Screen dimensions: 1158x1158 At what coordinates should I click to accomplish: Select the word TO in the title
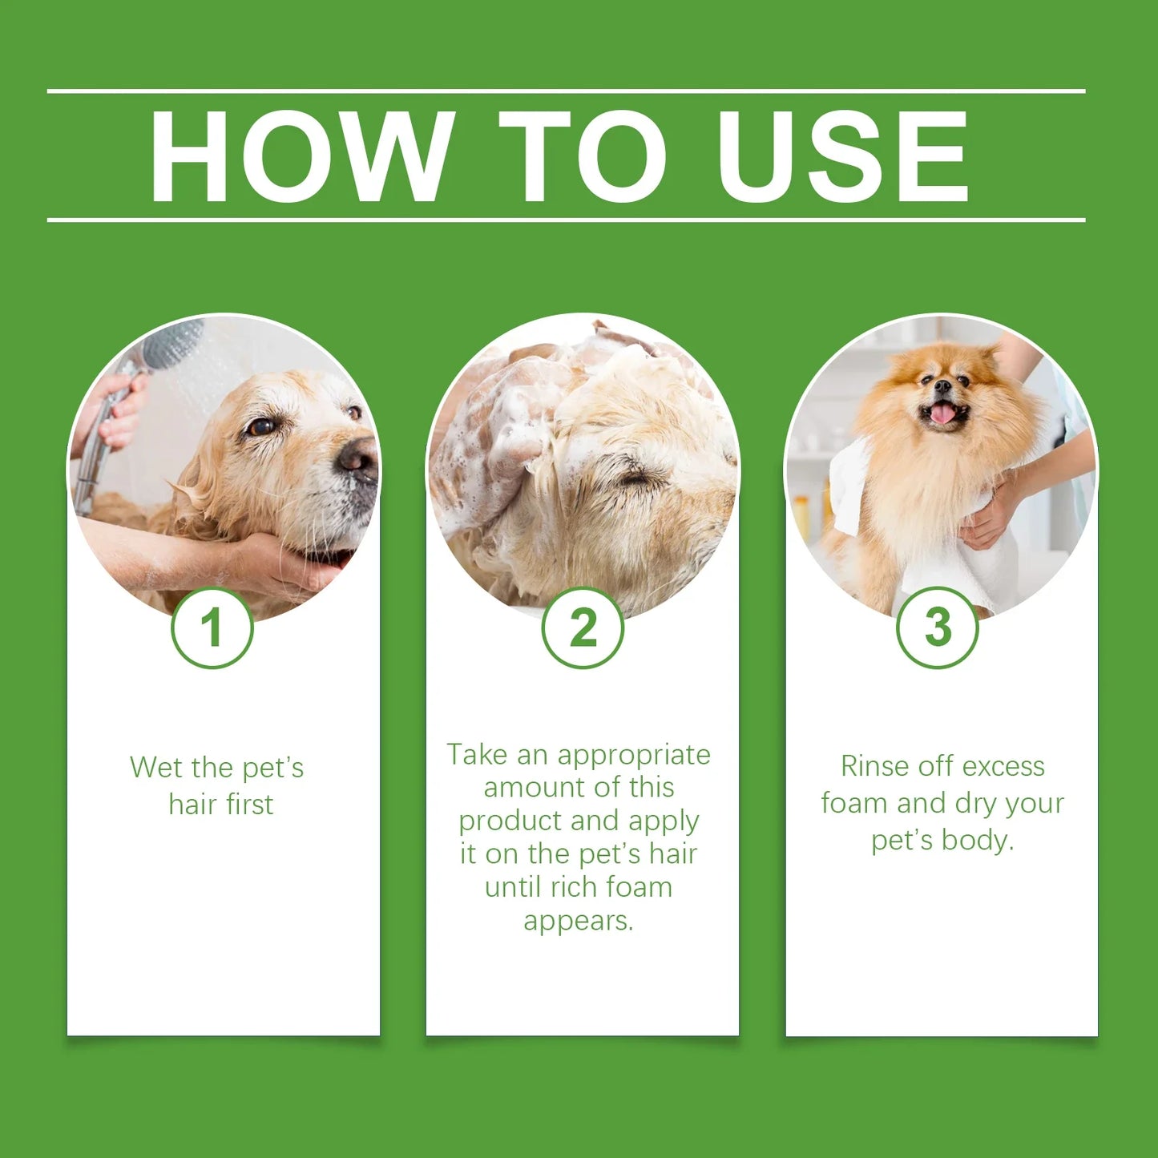coord(583,155)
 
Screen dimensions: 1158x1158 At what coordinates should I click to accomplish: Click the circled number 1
coord(212,627)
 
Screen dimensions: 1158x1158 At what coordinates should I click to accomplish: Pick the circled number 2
coord(583,627)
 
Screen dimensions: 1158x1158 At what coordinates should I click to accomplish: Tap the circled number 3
coord(937,627)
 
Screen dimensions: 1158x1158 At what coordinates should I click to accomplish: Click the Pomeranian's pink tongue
coord(942,414)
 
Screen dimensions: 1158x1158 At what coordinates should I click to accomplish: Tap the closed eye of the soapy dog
coord(637,478)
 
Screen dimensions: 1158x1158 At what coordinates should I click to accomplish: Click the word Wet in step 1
coord(155,768)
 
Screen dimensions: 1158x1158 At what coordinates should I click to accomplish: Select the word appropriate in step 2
coord(633,755)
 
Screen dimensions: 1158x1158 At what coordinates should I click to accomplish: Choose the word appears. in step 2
coord(579,921)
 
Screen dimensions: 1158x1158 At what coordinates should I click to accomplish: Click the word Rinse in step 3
coord(876,766)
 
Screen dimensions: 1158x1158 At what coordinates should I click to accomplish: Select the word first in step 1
coord(249,805)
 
